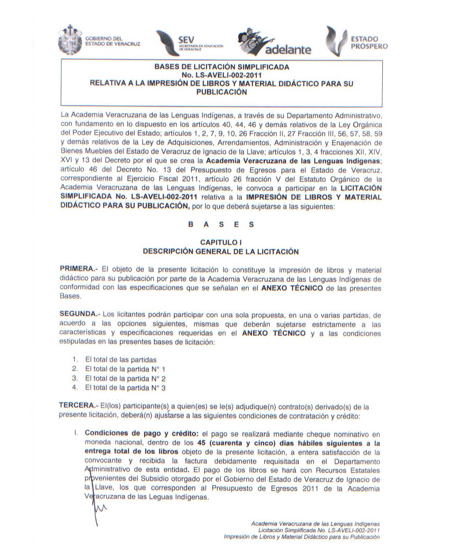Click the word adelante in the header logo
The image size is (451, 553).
coord(288,50)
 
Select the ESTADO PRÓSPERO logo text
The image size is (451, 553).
coord(369,43)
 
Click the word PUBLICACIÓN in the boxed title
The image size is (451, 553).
coord(221,92)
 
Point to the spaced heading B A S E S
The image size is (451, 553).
coord(221,225)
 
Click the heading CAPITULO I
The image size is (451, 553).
coord(221,242)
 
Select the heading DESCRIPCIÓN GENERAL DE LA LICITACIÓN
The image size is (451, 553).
coord(221,251)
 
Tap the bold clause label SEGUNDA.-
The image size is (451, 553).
coord(80,314)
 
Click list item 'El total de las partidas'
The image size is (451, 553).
coord(121,360)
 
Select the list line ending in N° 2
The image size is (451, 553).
coord(125,378)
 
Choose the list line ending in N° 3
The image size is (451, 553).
coord(125,388)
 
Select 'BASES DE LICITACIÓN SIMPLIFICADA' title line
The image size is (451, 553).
coord(222,67)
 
